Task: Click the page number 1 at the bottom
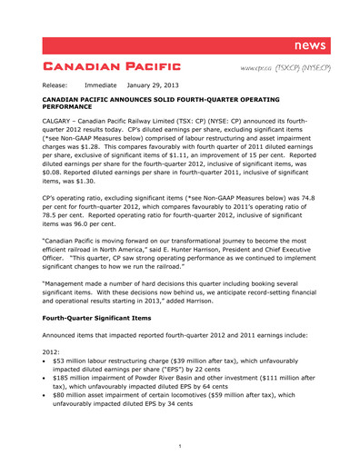pos(180,445)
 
